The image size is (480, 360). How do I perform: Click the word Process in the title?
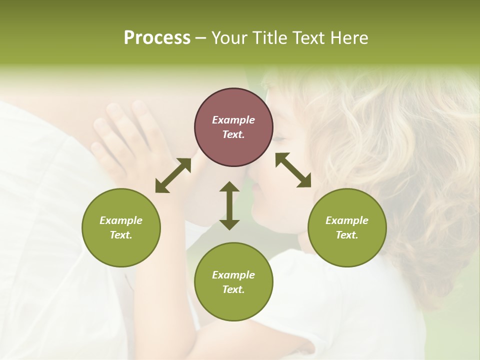pos(157,38)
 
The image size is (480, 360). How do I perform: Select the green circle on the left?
pos(121,227)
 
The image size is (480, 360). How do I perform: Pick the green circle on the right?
pos(347,227)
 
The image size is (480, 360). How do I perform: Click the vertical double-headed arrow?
pos(229,206)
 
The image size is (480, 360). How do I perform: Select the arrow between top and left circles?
pos(173,175)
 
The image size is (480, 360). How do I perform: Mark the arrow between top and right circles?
pos(293,170)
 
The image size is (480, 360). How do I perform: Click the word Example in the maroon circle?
pos(233,120)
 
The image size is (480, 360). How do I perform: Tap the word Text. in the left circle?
pos(121,235)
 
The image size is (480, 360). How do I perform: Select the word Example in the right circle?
pos(347,220)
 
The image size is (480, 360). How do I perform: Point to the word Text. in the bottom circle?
pos(233,289)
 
